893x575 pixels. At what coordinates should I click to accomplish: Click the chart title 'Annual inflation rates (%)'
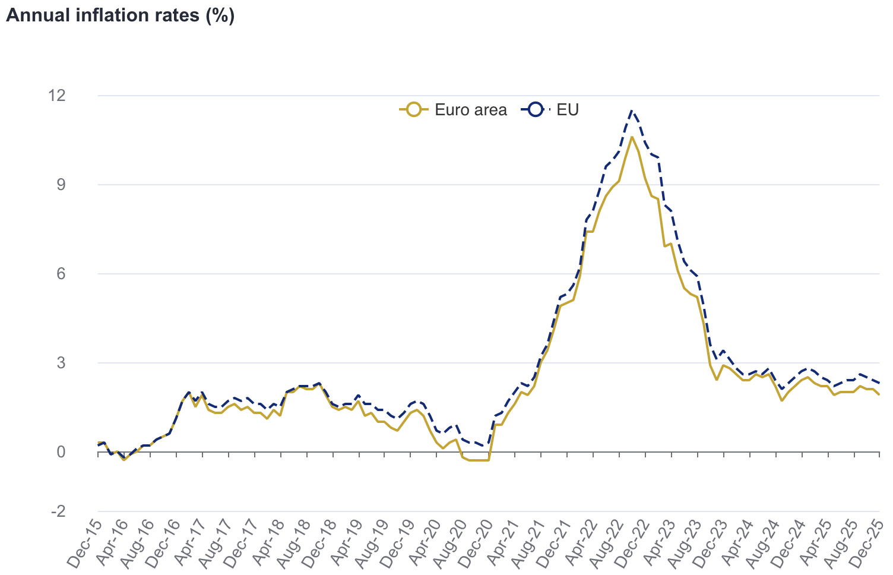pyautogui.click(x=120, y=15)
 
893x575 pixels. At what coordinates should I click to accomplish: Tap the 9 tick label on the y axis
pyautogui.click(x=77, y=185)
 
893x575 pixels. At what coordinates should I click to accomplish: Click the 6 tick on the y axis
pyautogui.click(x=77, y=274)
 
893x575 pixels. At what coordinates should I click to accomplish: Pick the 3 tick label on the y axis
pyautogui.click(x=77, y=363)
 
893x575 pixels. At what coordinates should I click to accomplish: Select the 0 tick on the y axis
pyautogui.click(x=77, y=452)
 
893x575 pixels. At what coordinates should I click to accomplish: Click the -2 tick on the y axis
pyautogui.click(x=74, y=511)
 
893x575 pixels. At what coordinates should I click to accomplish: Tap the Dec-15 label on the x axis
pyautogui.click(x=85, y=544)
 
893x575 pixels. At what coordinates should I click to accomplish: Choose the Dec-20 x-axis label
pyautogui.click(x=476, y=544)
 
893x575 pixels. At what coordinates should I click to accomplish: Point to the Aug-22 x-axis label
pyautogui.click(x=607, y=544)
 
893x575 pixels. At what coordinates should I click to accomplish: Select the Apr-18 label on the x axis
pyautogui.click(x=268, y=544)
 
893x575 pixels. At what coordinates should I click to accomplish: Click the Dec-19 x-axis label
pyautogui.click(x=398, y=544)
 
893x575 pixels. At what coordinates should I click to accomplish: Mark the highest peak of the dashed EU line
pyautogui.click(x=632, y=110)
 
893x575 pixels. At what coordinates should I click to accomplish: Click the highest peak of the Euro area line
pyautogui.click(x=632, y=137)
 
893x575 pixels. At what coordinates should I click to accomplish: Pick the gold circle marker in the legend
pyautogui.click(x=414, y=110)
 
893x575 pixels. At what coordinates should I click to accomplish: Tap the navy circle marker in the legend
pyautogui.click(x=536, y=110)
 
